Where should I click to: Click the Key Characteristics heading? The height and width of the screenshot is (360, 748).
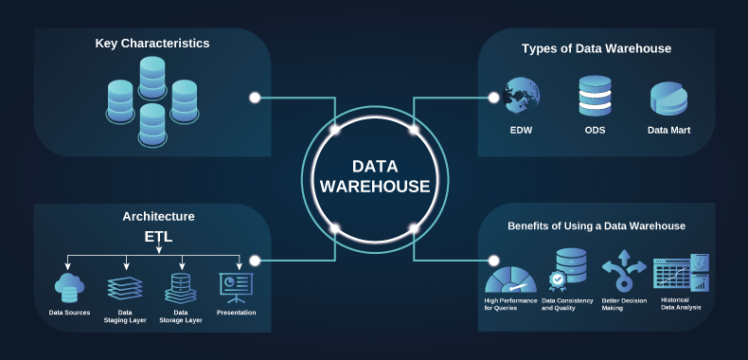click(x=152, y=44)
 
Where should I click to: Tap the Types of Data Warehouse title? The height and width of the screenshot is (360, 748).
click(x=597, y=48)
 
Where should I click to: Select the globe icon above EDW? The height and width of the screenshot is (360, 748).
click(x=522, y=97)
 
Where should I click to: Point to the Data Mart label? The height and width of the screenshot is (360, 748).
click(x=668, y=130)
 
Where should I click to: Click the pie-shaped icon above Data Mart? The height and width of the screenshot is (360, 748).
click(x=668, y=99)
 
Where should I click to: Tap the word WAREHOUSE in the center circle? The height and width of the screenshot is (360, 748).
click(x=375, y=187)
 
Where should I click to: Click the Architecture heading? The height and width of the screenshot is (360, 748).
click(x=158, y=216)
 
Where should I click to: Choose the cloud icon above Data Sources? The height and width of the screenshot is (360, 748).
click(x=69, y=285)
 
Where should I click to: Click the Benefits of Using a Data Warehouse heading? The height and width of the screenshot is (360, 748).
click(x=597, y=226)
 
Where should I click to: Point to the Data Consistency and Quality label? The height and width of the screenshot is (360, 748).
click(x=569, y=304)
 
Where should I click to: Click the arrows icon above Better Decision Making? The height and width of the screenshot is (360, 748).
click(x=624, y=274)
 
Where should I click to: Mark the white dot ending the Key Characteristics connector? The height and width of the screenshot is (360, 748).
click(x=255, y=98)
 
